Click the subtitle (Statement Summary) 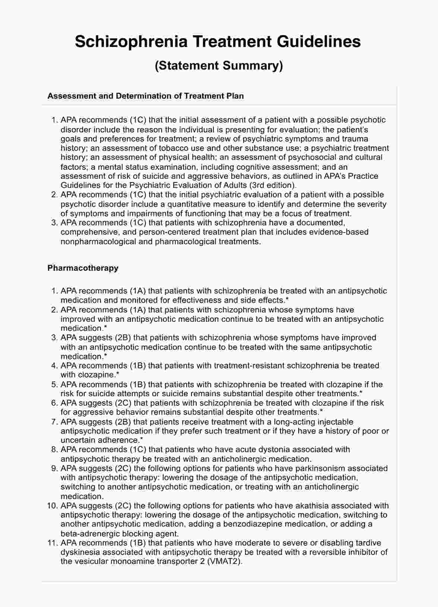point(219,65)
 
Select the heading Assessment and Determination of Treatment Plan point(145,96)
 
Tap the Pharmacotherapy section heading point(83,268)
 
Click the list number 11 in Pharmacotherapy point(53,543)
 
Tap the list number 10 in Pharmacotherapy point(53,506)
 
